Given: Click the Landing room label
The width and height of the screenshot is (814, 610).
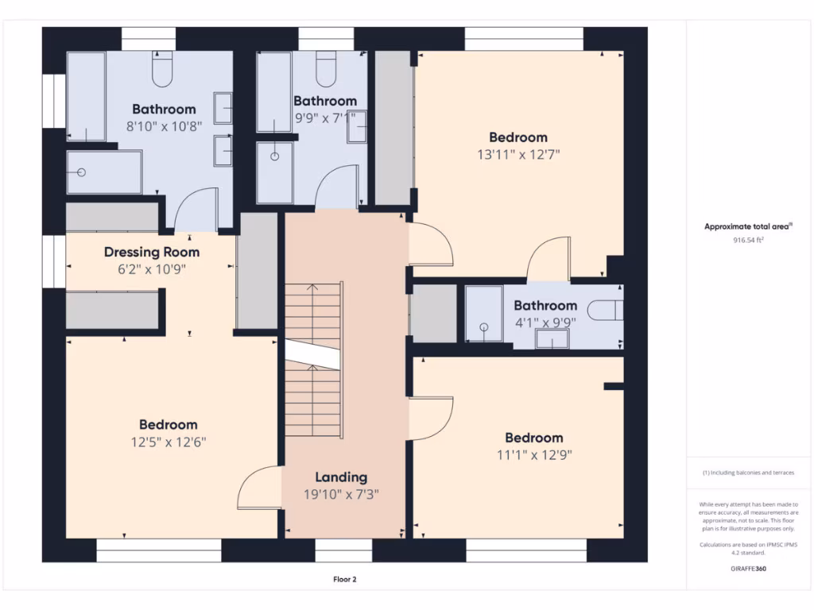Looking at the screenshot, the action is click(341, 477).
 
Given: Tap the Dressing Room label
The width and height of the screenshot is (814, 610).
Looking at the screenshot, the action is click(152, 252).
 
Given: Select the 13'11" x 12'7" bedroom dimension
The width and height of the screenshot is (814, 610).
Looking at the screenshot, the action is click(518, 155).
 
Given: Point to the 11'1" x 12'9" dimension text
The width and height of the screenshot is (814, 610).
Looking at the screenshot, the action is click(534, 455).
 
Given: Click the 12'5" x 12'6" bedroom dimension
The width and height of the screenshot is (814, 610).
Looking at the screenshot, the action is click(169, 442).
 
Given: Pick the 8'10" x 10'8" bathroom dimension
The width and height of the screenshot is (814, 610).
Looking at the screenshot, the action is click(164, 126).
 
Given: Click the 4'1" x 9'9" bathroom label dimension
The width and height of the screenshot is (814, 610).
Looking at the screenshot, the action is click(545, 322).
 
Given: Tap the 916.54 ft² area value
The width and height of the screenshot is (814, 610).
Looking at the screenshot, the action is click(748, 240).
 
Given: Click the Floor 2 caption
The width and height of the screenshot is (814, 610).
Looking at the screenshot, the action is click(345, 579).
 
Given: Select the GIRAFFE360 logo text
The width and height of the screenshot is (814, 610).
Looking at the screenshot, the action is click(748, 569).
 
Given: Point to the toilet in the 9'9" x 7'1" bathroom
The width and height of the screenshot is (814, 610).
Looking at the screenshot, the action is click(326, 68).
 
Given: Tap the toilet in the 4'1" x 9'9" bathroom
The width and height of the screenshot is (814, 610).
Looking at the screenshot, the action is click(605, 311).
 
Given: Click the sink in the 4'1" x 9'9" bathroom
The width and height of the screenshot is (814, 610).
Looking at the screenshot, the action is click(552, 339).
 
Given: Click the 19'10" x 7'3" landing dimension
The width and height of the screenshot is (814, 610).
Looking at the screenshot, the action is click(341, 494).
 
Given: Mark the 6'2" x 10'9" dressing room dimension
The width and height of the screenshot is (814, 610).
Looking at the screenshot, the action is click(152, 269).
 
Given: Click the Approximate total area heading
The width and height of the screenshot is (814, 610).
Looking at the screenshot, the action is click(748, 226).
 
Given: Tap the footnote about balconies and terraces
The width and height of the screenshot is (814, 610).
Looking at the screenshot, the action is click(748, 473).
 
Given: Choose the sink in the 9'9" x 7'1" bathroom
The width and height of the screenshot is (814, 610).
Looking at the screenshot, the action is click(357, 126).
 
